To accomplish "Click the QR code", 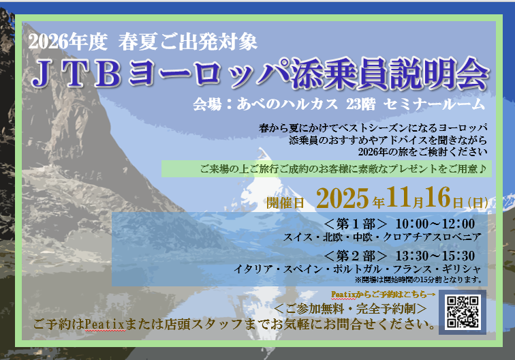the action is point(463,312).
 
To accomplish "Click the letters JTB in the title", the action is point(77,74).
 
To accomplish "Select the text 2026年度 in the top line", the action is point(68,42).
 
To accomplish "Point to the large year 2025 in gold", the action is point(342,198).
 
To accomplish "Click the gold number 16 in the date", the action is point(437,197).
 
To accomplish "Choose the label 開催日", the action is point(285,203).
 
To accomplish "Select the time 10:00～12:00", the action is point(435,224).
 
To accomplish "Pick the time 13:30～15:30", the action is point(435,256).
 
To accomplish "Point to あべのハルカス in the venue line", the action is point(287,104).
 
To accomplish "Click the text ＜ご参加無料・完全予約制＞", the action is point(350,309).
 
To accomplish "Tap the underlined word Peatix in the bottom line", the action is point(105,325).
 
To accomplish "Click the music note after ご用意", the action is point(482,168).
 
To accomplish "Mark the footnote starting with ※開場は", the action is point(418,280).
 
